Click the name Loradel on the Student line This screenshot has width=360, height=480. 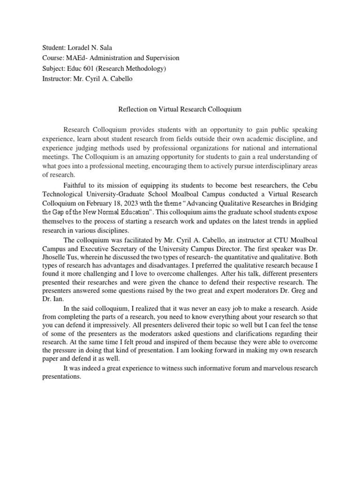point(81,48)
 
